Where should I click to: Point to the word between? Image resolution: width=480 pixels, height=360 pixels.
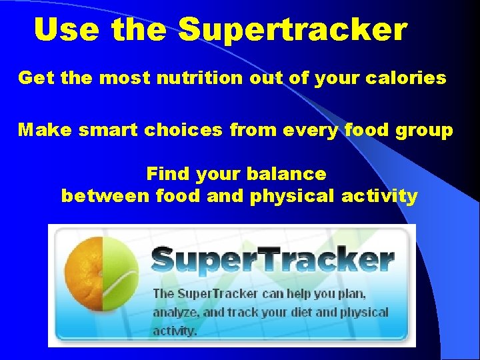coord(105,197)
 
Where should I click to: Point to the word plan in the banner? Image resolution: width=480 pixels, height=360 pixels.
coord(351,293)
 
